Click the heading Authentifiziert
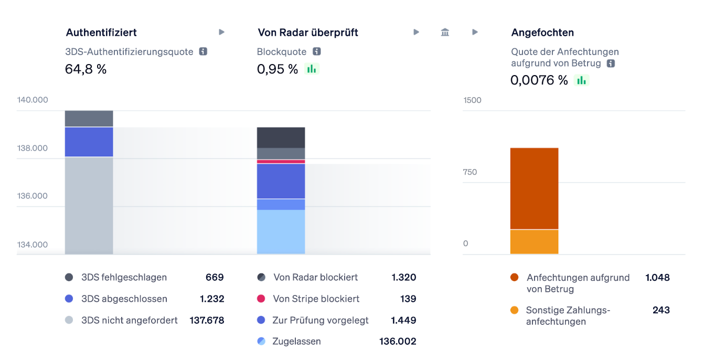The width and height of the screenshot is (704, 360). (101, 33)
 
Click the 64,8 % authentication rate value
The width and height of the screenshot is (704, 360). (86, 69)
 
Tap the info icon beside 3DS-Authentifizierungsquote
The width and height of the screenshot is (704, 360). (203, 51)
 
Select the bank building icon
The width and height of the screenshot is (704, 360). (445, 33)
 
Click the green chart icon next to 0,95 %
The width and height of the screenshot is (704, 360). (312, 69)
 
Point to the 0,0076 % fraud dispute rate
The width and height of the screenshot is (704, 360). (539, 80)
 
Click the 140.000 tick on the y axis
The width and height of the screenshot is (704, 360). (33, 100)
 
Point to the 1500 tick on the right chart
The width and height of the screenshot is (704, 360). (472, 100)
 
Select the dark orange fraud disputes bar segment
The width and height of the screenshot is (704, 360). (534, 188)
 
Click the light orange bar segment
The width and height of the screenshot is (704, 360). (534, 242)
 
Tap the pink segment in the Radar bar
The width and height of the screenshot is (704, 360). (281, 162)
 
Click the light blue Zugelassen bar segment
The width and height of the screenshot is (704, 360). (281, 232)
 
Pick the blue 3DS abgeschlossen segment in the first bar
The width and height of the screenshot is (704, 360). (89, 142)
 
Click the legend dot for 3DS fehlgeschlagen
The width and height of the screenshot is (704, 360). (69, 277)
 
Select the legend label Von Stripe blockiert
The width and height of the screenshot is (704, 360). (316, 299)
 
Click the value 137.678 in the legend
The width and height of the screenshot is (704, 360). (207, 320)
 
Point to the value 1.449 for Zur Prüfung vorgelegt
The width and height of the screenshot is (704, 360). (403, 320)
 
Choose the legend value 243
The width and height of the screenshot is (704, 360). (661, 310)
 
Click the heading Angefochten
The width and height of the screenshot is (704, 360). (542, 33)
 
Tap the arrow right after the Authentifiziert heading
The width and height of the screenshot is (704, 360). (222, 33)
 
